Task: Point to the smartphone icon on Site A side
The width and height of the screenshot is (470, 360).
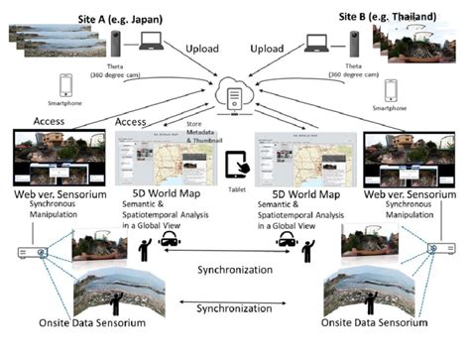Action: (66, 84)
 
